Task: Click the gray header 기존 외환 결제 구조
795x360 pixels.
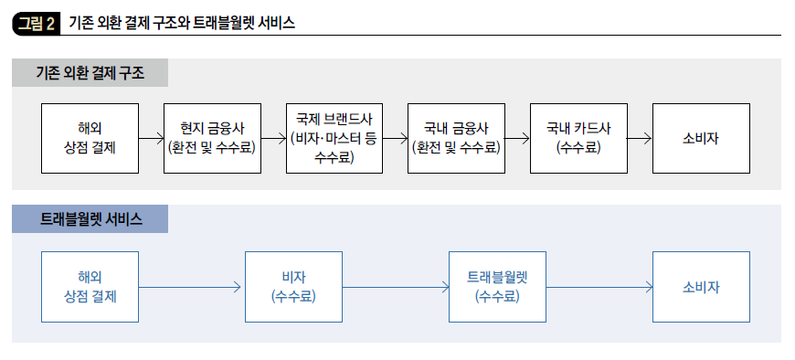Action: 90,72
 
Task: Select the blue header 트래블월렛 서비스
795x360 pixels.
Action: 90,218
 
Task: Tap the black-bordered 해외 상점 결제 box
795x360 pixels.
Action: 90,138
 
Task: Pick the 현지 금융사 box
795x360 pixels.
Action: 212,138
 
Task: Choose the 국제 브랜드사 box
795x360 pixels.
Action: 334,138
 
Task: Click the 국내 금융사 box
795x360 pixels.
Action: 457,138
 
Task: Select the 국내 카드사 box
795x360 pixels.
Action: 578,138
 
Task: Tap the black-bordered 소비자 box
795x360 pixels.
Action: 701,138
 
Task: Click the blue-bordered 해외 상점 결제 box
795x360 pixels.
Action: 90,287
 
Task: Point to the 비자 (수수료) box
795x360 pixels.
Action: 293,287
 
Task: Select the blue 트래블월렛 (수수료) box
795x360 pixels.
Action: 497,287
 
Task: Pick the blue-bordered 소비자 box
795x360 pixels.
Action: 701,287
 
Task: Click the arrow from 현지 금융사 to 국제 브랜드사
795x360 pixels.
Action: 273,139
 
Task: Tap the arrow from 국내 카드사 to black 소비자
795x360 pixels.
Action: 640,139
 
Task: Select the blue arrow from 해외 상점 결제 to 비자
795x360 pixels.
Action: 191,288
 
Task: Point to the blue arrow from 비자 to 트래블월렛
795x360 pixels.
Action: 395,288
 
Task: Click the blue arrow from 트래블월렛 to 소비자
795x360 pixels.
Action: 599,288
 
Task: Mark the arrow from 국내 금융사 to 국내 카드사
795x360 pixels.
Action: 517,139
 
